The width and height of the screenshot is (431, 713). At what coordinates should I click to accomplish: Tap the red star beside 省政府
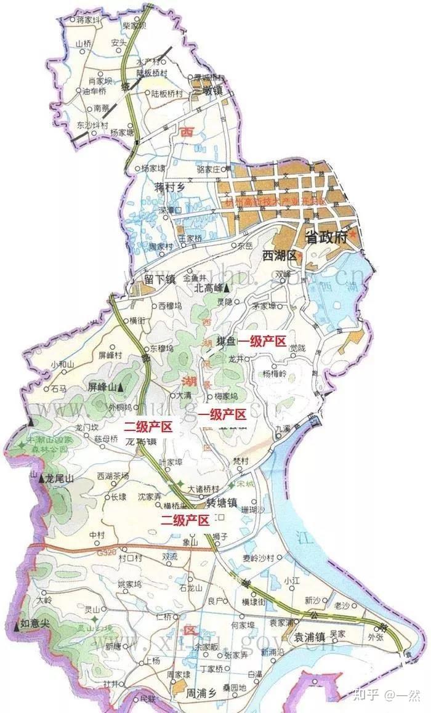(x=353, y=235)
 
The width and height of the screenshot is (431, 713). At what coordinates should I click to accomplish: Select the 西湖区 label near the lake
(x=279, y=255)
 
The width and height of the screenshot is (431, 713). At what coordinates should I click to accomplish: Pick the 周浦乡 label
(x=203, y=693)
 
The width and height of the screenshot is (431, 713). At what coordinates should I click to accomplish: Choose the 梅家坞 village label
(x=226, y=396)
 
